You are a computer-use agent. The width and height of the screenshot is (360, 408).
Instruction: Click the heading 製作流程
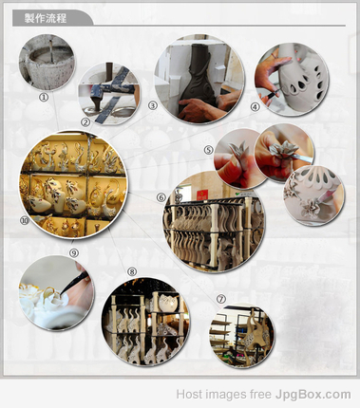[46, 18]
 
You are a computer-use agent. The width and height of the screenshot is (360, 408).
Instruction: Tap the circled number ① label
[44, 97]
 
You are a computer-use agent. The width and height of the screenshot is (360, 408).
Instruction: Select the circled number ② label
[85, 121]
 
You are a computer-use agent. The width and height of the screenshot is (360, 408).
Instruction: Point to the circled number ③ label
[153, 105]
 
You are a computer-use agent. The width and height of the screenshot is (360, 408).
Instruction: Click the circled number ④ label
[256, 107]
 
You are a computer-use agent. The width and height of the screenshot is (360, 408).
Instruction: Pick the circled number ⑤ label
[208, 150]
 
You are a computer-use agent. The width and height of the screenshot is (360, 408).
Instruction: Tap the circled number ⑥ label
[161, 197]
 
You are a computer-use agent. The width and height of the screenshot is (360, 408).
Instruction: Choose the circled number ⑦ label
[221, 299]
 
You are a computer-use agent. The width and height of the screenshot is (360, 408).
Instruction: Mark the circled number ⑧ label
[132, 271]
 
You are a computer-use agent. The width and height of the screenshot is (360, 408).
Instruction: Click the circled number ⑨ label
[74, 252]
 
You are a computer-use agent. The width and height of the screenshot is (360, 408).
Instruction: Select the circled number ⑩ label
[25, 220]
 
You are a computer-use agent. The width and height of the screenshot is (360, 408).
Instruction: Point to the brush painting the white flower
[74, 282]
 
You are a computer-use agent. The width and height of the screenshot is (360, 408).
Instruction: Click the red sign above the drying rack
[202, 195]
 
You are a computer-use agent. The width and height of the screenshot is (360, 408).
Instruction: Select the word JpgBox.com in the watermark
[313, 395]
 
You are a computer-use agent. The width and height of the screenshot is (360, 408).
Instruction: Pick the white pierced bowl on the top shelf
[167, 302]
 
